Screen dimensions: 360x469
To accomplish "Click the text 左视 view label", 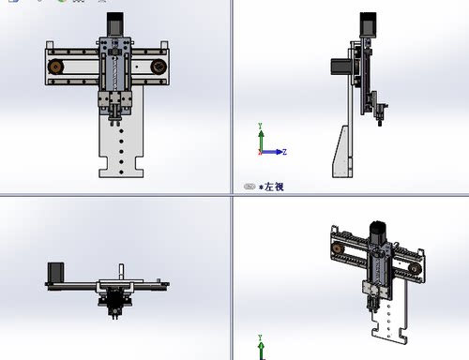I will pyautogui.click(x=273, y=187).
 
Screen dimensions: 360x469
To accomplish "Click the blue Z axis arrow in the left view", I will pyautogui.click(x=278, y=152).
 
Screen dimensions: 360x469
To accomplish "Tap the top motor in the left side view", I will pyautogui.click(x=367, y=25).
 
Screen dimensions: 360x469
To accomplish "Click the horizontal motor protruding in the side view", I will pyautogui.click(x=340, y=68).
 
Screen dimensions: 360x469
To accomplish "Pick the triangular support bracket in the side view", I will pyautogui.click(x=340, y=150).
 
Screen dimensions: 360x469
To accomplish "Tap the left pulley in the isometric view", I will pyautogui.click(x=336, y=248).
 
